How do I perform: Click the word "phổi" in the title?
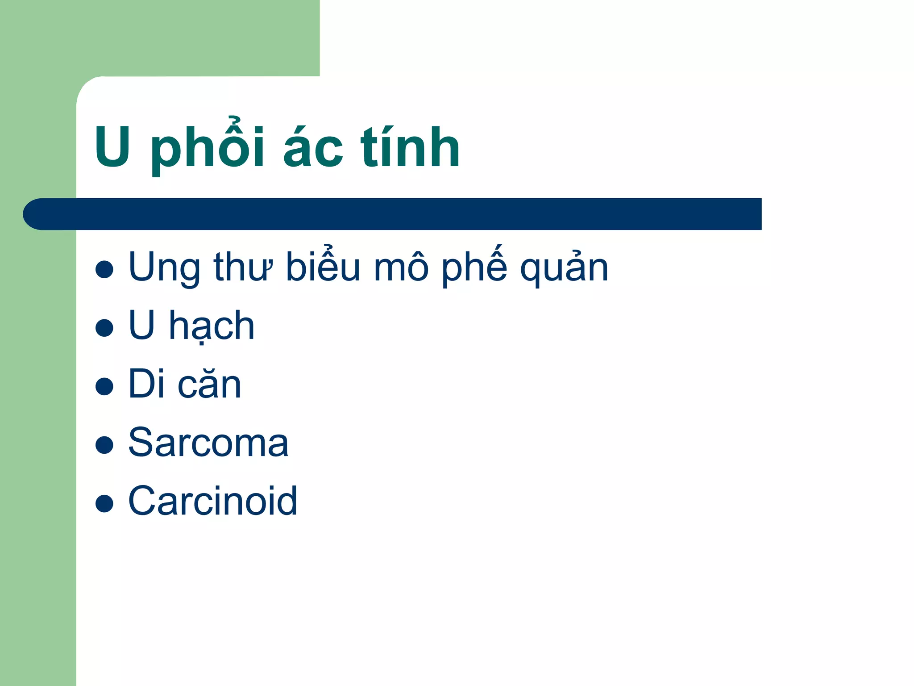pyautogui.click(x=208, y=147)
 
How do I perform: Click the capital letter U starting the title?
pyautogui.click(x=113, y=147)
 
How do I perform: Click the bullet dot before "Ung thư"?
pyautogui.click(x=104, y=269)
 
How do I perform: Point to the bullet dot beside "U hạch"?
pyautogui.click(x=104, y=327)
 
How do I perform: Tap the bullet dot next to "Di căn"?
pyautogui.click(x=104, y=386)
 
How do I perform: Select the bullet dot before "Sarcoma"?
pyautogui.click(x=104, y=445)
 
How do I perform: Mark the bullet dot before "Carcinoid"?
pyautogui.click(x=104, y=503)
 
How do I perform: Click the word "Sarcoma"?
pyautogui.click(x=208, y=443)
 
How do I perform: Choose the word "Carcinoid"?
pyautogui.click(x=212, y=501)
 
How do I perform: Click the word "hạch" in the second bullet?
pyautogui.click(x=212, y=326)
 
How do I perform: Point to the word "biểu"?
pyautogui.click(x=323, y=267)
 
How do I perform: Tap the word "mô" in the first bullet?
pyautogui.click(x=401, y=268)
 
